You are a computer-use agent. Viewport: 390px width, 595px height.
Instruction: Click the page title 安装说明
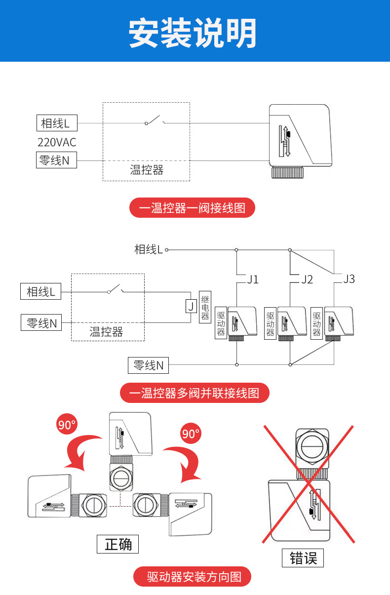pos(193,33)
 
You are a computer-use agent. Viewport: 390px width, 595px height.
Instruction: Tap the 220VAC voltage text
pos(57,142)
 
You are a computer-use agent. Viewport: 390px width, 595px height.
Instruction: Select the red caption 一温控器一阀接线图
pos(192,208)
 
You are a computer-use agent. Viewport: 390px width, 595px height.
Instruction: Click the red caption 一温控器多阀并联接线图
pos(195,393)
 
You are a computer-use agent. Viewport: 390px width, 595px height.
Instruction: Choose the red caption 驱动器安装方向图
pos(193,576)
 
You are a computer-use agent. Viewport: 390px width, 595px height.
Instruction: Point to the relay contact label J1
pos(253,279)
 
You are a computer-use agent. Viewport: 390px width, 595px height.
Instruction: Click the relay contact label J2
pos(307,279)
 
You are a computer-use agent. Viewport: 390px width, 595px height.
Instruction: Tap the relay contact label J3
pos(349,279)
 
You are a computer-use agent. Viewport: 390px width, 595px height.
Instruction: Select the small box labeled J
pos(191,306)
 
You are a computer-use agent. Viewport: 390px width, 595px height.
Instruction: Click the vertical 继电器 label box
pos(205,307)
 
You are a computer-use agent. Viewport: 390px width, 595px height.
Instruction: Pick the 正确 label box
pos(118,544)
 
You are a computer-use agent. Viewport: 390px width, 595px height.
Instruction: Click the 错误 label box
pos(303,558)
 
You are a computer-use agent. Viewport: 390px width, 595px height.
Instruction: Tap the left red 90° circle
pos(66,425)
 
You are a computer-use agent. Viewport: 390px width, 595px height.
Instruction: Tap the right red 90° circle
pos(191,434)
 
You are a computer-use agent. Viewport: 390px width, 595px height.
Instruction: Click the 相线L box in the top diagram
pos(57,123)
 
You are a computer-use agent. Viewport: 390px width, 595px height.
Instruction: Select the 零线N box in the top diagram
pos(56,160)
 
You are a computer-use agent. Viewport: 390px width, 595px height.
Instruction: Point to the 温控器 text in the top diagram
pos(146,170)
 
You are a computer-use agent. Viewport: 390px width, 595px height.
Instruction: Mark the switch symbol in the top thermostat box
pos(155,120)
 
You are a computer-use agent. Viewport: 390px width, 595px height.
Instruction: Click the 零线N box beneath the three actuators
pos(149,365)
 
